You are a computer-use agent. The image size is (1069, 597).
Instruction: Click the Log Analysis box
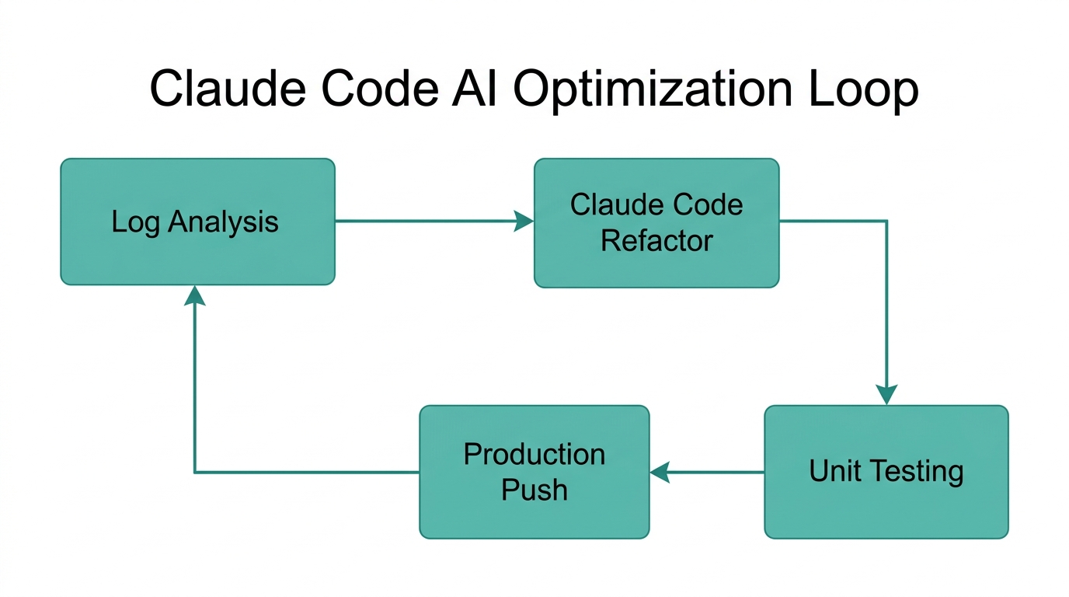[x=197, y=222]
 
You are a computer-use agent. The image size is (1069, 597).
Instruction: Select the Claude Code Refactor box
[x=656, y=222]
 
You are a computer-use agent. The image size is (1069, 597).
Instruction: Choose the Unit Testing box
[x=886, y=471]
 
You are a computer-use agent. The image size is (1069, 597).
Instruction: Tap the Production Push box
[x=534, y=471]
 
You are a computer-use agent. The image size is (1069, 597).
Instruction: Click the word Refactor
[x=656, y=241]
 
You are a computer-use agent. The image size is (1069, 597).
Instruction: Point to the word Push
[x=534, y=490]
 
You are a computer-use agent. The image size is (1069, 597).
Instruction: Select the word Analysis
[x=223, y=222]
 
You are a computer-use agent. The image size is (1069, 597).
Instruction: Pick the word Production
[x=534, y=454]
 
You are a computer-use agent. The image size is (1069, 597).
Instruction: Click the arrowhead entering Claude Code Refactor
[x=525, y=222]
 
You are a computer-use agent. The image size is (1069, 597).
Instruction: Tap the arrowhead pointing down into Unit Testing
[x=886, y=395]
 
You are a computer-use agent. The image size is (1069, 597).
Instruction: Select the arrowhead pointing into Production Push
[x=660, y=472]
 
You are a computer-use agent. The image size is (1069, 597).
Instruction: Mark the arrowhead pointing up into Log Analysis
[x=194, y=295]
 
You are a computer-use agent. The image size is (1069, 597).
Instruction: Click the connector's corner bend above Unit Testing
[x=886, y=222]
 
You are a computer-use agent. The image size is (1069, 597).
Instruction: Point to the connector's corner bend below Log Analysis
[x=194, y=472]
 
